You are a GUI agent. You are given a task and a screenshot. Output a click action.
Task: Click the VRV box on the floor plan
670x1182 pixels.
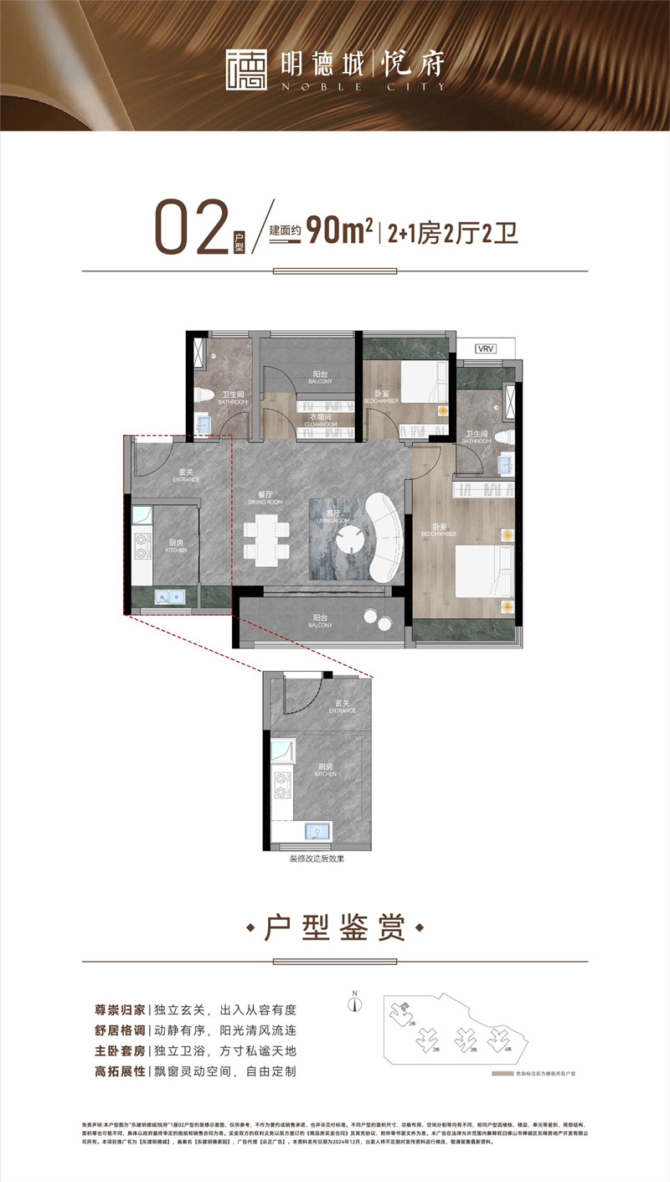[485, 348]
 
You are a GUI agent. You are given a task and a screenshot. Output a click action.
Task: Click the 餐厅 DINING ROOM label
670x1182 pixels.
[265, 497]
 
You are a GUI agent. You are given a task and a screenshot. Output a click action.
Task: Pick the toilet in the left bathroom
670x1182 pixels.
[204, 398]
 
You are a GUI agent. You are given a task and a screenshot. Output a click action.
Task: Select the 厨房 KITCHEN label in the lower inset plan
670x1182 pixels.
[326, 771]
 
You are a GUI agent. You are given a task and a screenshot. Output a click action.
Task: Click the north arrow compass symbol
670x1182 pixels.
[356, 1003]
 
